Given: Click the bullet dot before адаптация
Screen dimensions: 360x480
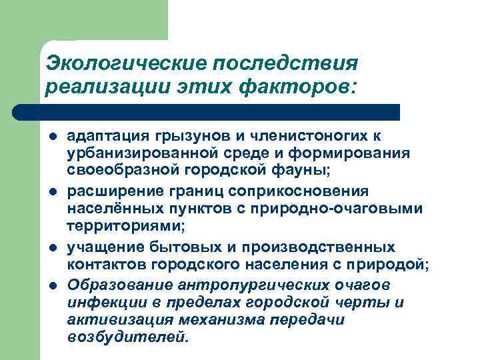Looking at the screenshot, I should [x=51, y=137].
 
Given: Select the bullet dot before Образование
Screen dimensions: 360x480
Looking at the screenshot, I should [x=51, y=285].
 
